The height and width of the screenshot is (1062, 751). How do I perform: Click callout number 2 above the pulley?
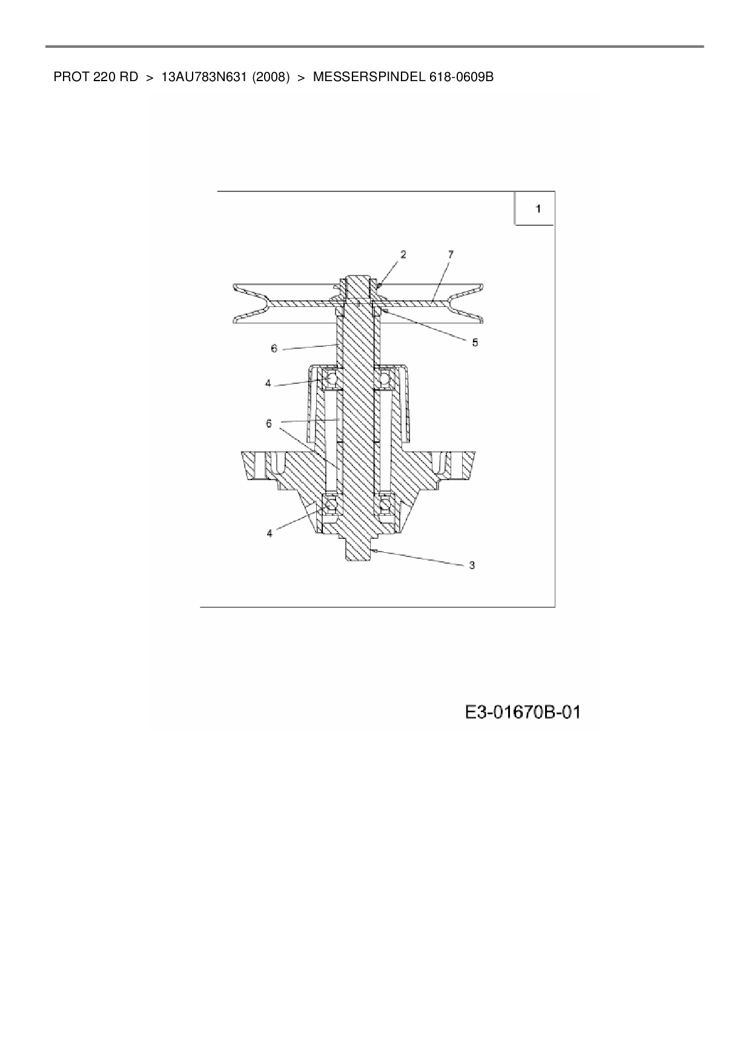pos(403,255)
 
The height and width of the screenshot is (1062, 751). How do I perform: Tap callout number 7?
pos(451,255)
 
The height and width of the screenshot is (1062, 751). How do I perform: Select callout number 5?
pos(475,343)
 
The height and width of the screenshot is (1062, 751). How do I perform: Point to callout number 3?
pos(472,565)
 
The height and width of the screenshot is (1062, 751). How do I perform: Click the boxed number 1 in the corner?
pos(538,209)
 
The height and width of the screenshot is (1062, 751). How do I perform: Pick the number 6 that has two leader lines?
pos(269,423)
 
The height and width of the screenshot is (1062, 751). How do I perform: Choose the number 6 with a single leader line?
pos(274,349)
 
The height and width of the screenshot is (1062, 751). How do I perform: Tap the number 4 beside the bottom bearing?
pos(270,533)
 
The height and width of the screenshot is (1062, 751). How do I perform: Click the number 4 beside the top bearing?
pos(268,384)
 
